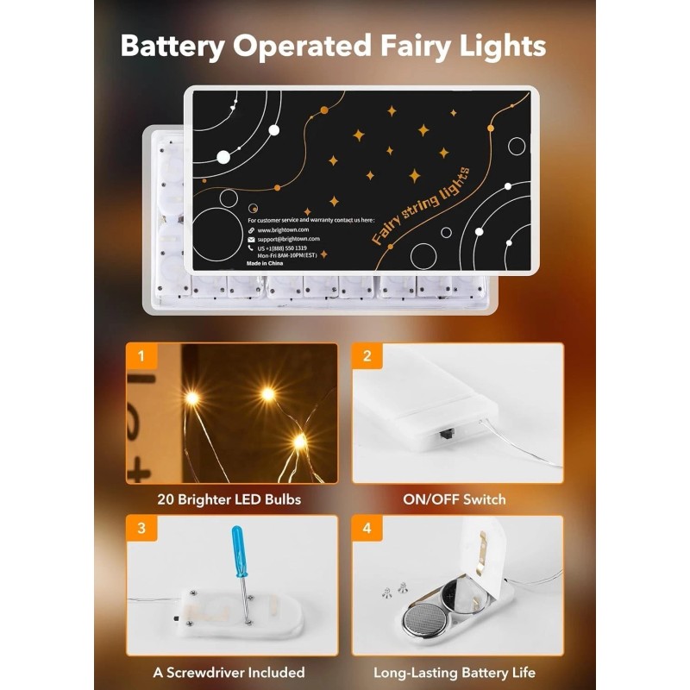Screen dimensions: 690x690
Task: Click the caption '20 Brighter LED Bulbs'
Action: pos(229,499)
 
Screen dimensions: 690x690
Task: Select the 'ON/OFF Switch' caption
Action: pos(455,499)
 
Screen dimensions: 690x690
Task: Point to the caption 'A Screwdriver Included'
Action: pos(229,672)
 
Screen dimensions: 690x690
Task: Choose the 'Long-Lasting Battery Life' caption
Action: pos(455,672)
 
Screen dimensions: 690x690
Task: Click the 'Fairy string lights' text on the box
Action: pos(421,207)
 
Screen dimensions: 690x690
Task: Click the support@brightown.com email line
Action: pos(288,239)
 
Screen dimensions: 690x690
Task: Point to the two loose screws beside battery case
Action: pos(393,590)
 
